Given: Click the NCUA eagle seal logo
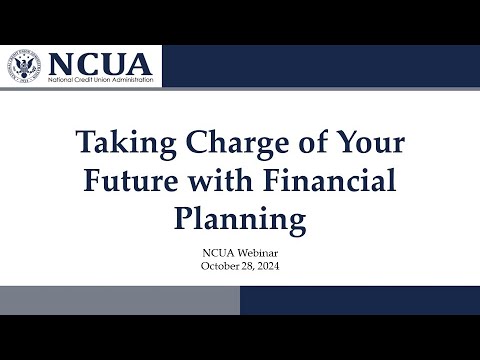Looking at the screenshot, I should [27, 67].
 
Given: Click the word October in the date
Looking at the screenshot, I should [217, 267].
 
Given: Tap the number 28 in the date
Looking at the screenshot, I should [244, 267].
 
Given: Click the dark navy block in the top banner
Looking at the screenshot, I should [320, 66].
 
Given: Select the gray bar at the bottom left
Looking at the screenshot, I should [120, 300].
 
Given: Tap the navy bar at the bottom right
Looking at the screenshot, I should [360, 300].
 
